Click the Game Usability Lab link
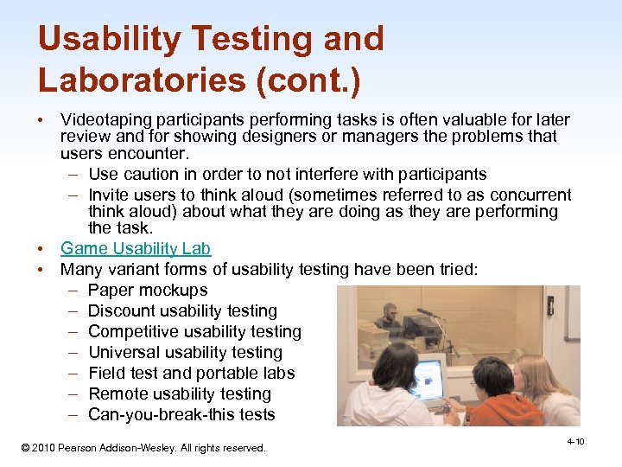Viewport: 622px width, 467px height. [135, 249]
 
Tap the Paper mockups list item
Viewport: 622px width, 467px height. [147, 291]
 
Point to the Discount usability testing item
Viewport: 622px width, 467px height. [182, 311]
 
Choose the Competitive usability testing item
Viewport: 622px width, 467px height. [194, 332]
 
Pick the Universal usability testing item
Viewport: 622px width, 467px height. [185, 353]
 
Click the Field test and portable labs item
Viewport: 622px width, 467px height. [191, 374]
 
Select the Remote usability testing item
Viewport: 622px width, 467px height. [180, 394]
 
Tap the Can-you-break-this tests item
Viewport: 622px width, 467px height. [181, 415]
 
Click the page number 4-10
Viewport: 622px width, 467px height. [575, 442]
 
